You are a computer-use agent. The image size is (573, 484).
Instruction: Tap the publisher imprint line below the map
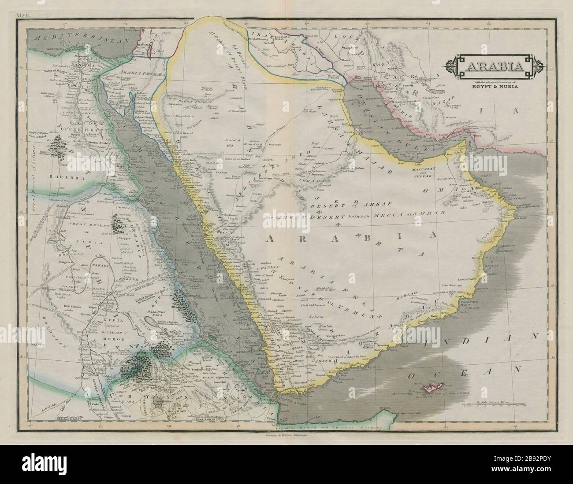pos(286,436)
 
